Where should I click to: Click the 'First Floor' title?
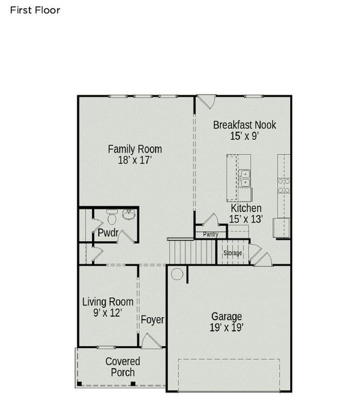click(x=35, y=10)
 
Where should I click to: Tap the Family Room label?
click(x=135, y=149)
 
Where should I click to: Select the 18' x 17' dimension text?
click(x=134, y=161)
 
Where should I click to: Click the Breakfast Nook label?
click(x=244, y=125)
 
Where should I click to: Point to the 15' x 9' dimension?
click(x=244, y=136)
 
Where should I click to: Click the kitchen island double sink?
click(x=245, y=178)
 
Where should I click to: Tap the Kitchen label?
click(x=245, y=208)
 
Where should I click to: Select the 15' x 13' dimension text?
click(x=246, y=219)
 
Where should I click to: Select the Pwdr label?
click(x=108, y=233)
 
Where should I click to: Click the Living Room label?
click(x=108, y=301)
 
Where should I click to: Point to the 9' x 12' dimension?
click(x=108, y=313)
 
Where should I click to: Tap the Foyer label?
click(x=152, y=320)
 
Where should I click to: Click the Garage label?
click(x=226, y=316)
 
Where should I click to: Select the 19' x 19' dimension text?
click(x=226, y=328)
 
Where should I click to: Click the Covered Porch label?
click(x=123, y=367)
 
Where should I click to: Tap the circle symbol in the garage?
click(x=177, y=275)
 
